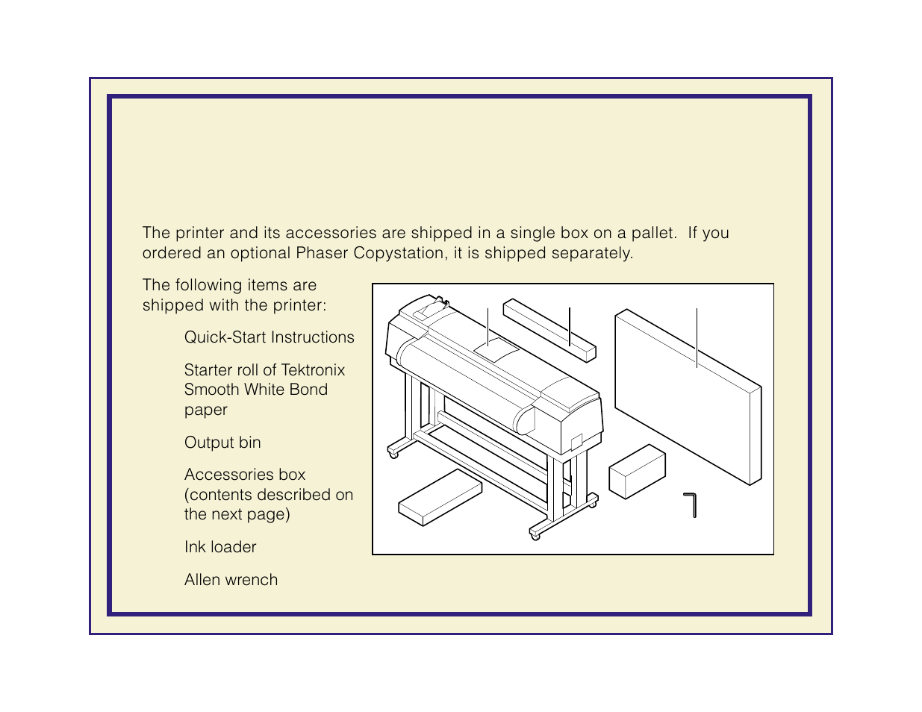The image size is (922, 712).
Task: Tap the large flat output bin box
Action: click(x=688, y=396)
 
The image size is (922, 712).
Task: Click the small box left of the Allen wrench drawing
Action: click(x=637, y=472)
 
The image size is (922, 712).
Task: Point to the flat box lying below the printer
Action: click(x=440, y=497)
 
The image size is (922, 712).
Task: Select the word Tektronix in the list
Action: click(x=313, y=370)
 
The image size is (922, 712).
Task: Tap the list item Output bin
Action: click(x=222, y=443)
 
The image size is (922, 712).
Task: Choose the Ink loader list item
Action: click(x=220, y=546)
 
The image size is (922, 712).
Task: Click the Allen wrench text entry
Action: click(x=231, y=579)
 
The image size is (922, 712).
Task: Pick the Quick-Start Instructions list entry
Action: click(x=269, y=337)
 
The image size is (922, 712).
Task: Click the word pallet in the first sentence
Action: click(x=654, y=233)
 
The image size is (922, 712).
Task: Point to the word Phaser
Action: click(x=322, y=253)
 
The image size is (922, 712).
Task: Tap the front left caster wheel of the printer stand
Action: click(x=393, y=455)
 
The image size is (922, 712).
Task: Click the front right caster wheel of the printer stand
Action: click(x=535, y=537)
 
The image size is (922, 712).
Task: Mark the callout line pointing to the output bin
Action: click(x=697, y=337)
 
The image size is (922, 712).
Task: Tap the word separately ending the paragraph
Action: click(x=592, y=253)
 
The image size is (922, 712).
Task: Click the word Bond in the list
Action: click(x=308, y=390)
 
